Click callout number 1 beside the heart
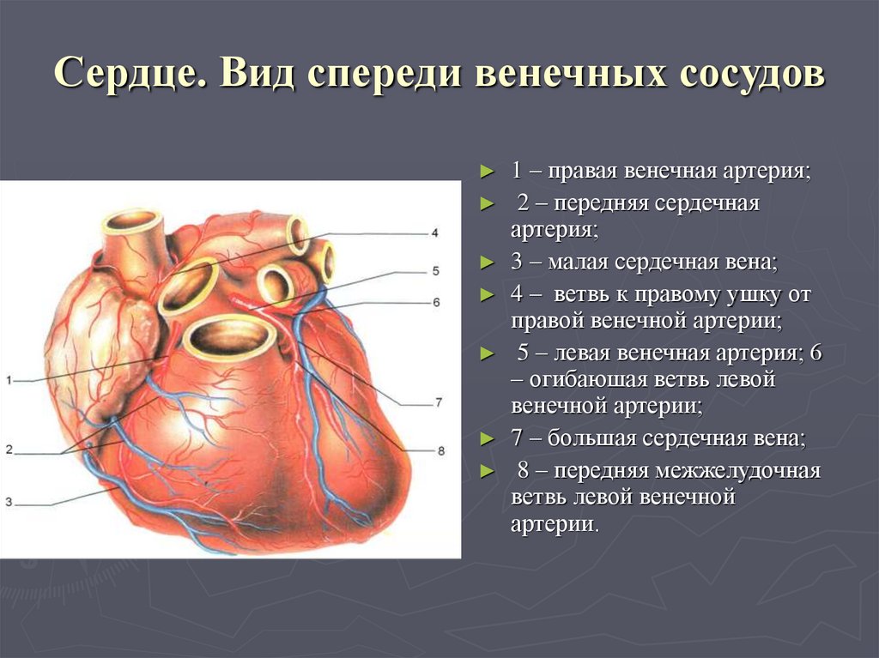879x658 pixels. (8, 380)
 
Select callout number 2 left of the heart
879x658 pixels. (8, 450)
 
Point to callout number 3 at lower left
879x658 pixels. (8, 502)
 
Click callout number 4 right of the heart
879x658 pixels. (435, 232)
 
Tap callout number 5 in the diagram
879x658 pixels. (435, 271)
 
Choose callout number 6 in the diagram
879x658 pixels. (435, 302)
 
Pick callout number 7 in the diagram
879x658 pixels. (437, 401)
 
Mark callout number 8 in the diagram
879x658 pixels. (441, 450)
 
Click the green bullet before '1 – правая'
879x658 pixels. (488, 172)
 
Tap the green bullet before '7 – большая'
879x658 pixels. (488, 440)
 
